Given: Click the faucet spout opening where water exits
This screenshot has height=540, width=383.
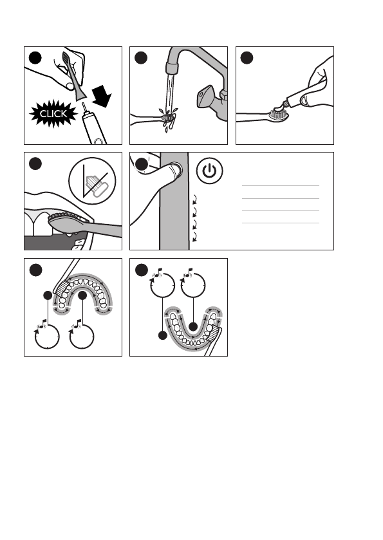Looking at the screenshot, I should pos(171,69).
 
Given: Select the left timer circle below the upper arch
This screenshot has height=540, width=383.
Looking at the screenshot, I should pos(45,335).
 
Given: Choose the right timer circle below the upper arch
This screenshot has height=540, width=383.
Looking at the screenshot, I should pos(83,335).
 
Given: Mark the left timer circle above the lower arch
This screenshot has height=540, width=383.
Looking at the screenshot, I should pos(162,286).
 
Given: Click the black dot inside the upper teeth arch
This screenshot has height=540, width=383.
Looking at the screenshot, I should pos(83,296).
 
